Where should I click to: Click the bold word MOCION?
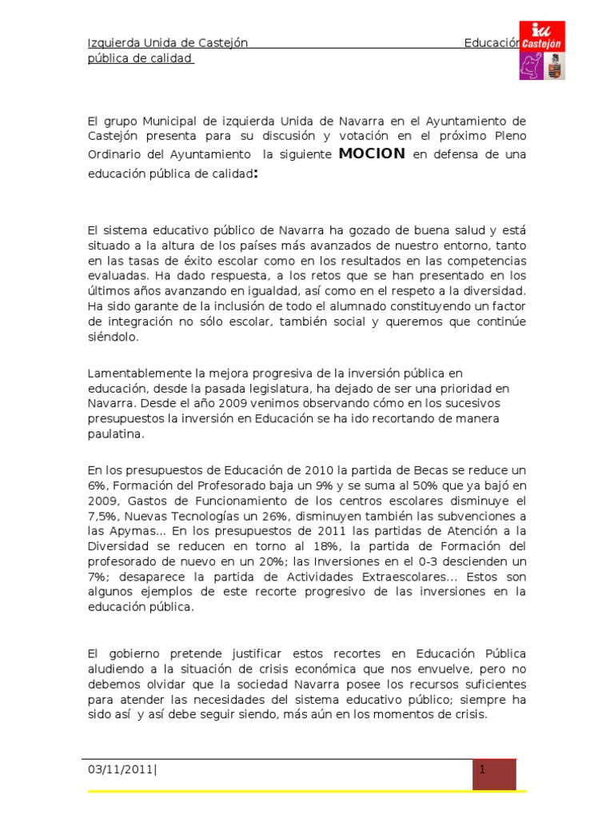[x=372, y=153]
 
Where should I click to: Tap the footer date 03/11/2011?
[x=119, y=769]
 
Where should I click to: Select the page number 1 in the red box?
[x=484, y=769]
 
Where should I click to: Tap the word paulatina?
[x=116, y=434]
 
